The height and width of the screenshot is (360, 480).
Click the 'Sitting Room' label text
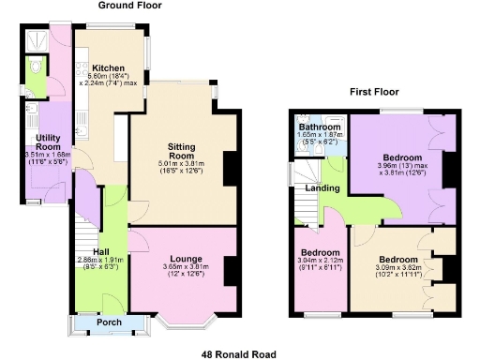(181, 153)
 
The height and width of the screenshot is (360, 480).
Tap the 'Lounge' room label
(186, 258)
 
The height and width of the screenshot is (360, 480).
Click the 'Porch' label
(111, 324)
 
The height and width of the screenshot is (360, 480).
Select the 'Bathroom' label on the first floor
(317, 127)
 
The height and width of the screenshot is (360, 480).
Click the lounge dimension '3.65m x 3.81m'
(186, 266)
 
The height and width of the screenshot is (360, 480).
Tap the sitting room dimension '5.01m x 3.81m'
(181, 164)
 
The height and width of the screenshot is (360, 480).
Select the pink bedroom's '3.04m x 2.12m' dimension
(319, 261)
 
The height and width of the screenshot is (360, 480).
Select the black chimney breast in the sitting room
(229, 162)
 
